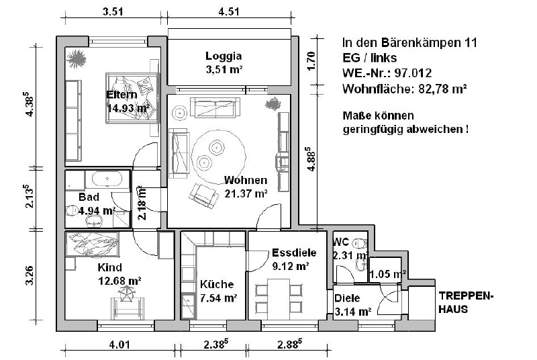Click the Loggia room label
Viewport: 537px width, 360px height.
(224, 56)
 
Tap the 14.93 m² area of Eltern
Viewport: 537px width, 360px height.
(128, 108)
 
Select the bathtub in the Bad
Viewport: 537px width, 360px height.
(107, 179)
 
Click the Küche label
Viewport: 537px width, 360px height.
(217, 284)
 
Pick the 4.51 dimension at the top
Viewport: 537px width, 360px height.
(229, 11)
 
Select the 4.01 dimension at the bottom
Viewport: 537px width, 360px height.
(119, 344)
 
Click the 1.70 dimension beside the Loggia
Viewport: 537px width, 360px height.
(311, 61)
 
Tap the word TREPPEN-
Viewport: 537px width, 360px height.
(467, 296)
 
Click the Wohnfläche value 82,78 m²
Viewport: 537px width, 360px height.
(442, 89)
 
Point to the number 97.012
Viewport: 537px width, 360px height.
(413, 73)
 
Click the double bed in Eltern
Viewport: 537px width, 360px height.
(132, 97)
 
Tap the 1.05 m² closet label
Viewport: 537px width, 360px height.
(388, 274)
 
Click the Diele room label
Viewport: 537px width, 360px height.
(347, 298)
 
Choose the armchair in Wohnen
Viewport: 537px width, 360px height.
(204, 195)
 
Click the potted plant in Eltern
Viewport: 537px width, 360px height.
(77, 59)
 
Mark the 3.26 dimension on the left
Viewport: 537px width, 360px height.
(30, 275)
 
